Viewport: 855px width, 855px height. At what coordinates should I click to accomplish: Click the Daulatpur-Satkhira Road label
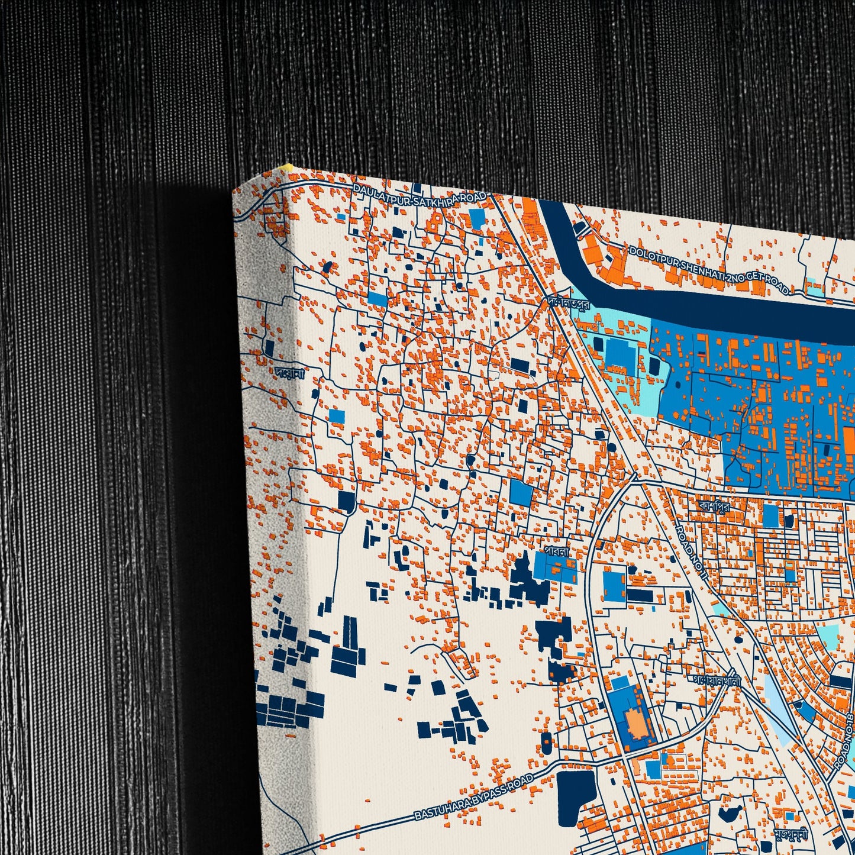pos(420,192)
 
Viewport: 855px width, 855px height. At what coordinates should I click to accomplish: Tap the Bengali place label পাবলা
pos(556,551)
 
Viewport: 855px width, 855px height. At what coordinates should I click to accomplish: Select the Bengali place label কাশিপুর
pos(714,506)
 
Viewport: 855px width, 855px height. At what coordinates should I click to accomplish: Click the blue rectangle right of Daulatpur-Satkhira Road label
pos(477,218)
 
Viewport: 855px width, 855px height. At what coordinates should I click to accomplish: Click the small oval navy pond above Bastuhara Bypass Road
pos(546,743)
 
